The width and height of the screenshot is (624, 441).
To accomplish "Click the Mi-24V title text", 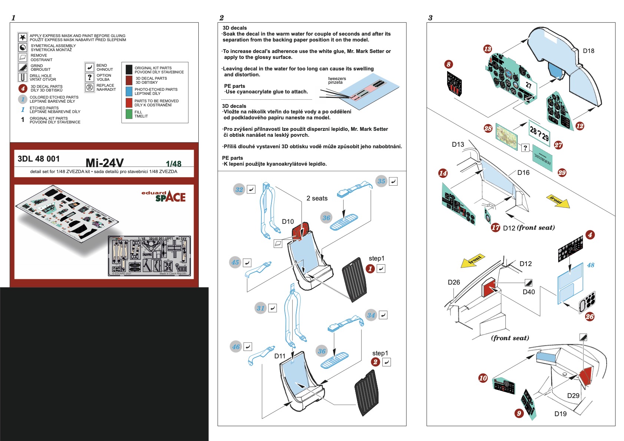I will pyautogui.click(x=105, y=163).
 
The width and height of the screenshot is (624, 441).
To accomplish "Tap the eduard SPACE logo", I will pyautogui.click(x=164, y=196).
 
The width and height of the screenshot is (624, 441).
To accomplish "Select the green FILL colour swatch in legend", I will pyautogui.click(x=129, y=114).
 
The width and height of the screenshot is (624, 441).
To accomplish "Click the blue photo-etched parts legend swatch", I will pyautogui.click(x=129, y=91).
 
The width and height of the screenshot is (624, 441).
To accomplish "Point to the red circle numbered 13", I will pyautogui.click(x=488, y=49).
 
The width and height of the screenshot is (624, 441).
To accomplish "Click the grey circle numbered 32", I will pyautogui.click(x=239, y=190).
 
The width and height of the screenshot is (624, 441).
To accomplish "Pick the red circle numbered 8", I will pyautogui.click(x=449, y=64).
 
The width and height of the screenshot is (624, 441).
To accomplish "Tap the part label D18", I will pyautogui.click(x=588, y=51).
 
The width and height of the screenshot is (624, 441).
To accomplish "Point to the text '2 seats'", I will pyautogui.click(x=317, y=198).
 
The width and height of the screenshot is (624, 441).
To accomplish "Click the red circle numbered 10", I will pyautogui.click(x=483, y=378).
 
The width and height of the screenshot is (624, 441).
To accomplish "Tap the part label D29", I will pyautogui.click(x=573, y=395).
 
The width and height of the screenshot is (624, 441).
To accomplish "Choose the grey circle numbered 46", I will pyautogui.click(x=236, y=347).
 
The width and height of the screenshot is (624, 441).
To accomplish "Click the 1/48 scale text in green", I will pyautogui.click(x=174, y=164).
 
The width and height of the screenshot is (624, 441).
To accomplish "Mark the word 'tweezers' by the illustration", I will pyautogui.click(x=337, y=79).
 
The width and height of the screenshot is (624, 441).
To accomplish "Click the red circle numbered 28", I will pyautogui.click(x=488, y=129).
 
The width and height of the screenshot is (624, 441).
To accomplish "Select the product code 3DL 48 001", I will pyautogui.click(x=39, y=159).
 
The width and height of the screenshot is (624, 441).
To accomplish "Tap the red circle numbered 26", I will pyautogui.click(x=590, y=316).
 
